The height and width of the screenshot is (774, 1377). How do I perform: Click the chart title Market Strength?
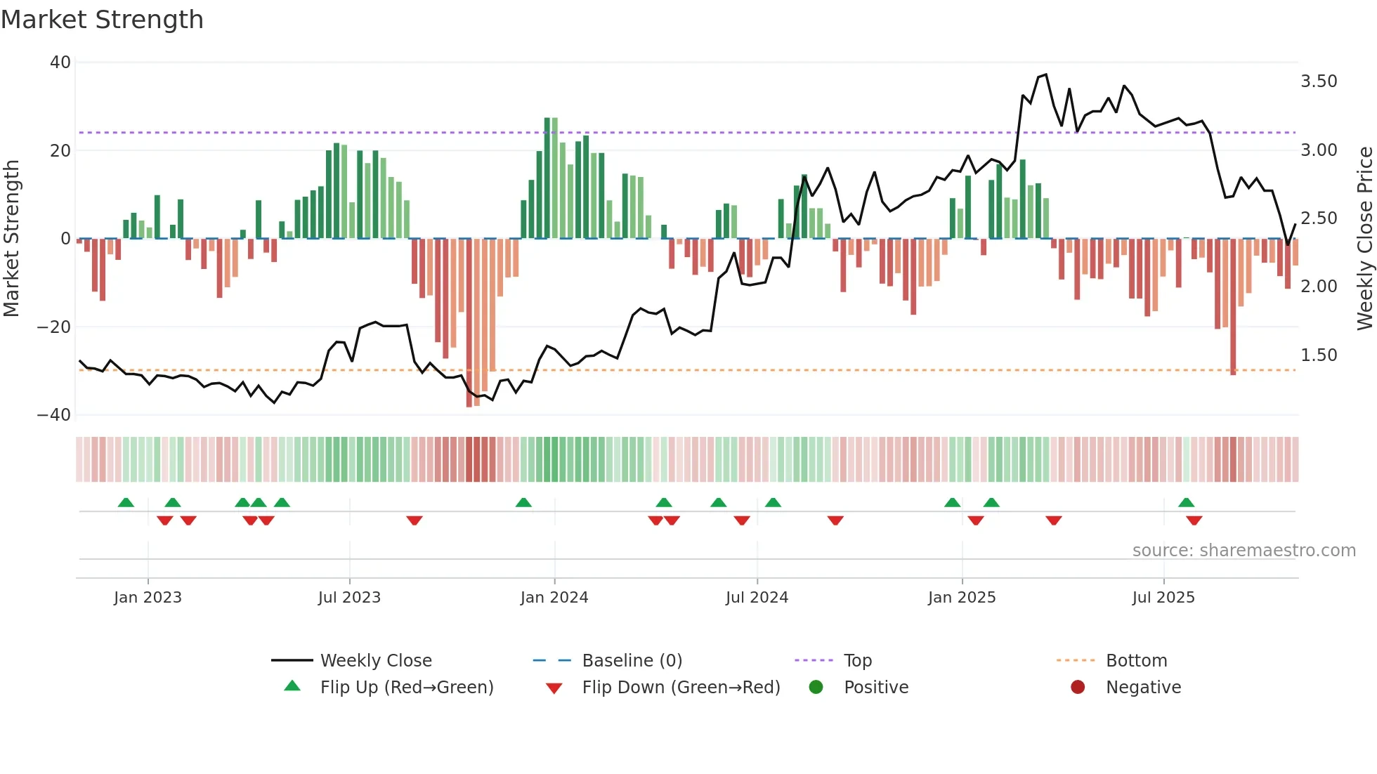[102, 20]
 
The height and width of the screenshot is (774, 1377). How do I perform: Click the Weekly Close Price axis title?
[1364, 237]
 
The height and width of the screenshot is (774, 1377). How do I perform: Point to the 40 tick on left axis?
[60, 63]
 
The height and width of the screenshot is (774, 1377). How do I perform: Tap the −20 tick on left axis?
[55, 327]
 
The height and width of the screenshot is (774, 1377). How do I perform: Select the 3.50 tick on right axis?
[1319, 81]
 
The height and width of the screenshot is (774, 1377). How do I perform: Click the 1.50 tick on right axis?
[1319, 355]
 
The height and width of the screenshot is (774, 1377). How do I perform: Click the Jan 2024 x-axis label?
[554, 598]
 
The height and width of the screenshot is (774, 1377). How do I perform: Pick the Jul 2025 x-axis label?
[1163, 598]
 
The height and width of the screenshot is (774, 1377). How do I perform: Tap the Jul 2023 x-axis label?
[349, 598]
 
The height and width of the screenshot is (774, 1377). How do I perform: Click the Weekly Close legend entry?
[376, 661]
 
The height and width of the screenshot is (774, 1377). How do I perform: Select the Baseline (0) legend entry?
[632, 661]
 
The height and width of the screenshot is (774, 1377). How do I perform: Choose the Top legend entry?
[858, 661]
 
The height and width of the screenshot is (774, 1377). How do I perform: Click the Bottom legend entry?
[1136, 661]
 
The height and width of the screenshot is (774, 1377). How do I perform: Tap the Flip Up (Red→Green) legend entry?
[407, 688]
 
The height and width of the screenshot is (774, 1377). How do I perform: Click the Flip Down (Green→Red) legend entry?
[681, 688]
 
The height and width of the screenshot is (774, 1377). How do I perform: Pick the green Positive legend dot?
[816, 688]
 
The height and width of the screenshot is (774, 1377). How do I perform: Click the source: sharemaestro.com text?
[1244, 551]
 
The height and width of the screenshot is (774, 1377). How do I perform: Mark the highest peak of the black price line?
[1045, 74]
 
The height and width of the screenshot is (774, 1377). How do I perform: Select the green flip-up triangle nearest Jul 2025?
[1186, 502]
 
